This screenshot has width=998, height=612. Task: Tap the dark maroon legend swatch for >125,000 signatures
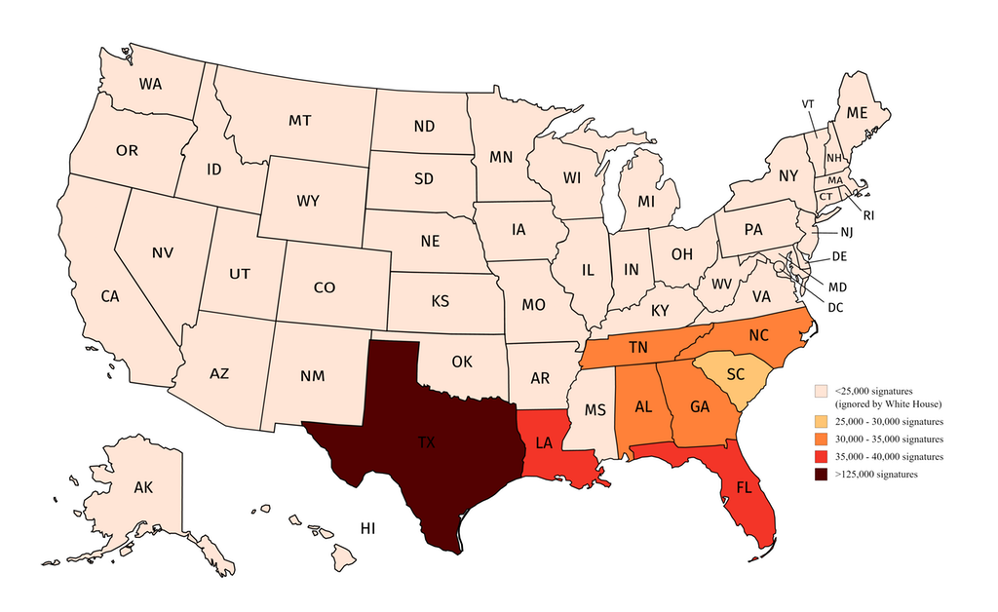point(822,475)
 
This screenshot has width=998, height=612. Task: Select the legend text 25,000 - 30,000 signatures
point(890,422)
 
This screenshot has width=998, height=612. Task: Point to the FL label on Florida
point(744,487)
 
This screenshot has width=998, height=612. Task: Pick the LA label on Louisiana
point(544,442)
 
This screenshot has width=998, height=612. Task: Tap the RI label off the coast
point(868,216)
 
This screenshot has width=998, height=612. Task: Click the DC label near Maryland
point(836,307)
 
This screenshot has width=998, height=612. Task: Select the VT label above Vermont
point(808,103)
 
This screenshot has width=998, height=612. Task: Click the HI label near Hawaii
point(367,528)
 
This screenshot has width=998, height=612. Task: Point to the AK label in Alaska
point(142,487)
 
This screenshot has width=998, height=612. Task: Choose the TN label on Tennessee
point(637,348)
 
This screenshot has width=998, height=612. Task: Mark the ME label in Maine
point(857,113)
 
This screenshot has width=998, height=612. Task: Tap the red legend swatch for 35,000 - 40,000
point(822,457)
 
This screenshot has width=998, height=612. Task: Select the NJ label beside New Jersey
point(846,234)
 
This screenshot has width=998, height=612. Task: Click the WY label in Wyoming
point(308,201)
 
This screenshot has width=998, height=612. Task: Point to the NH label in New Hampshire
point(833,158)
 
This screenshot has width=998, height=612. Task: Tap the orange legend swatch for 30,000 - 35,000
point(822,440)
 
